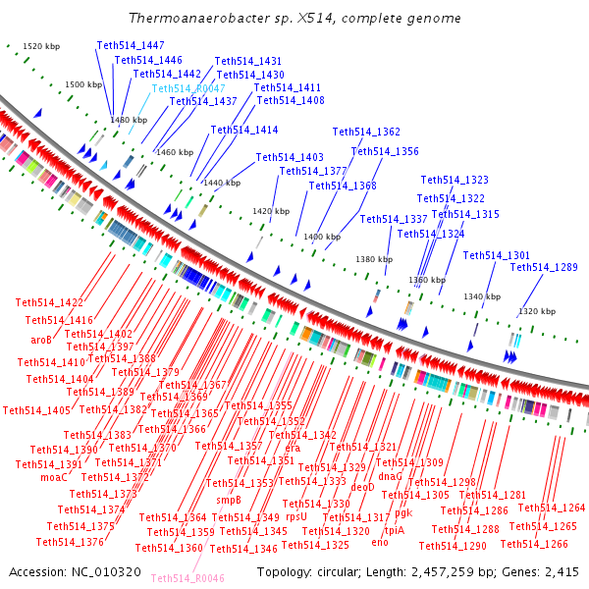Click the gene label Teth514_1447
[x=131, y=46]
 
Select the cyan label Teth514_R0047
[x=188, y=88]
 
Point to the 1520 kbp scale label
[x=41, y=46]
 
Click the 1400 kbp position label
[x=321, y=237]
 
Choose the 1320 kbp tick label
[x=538, y=311]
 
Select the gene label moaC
[x=54, y=477]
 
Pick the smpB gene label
[x=229, y=500]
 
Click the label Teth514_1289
[x=544, y=267]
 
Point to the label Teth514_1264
[x=551, y=508]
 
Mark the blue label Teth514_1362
[x=366, y=132]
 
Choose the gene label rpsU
[x=295, y=515]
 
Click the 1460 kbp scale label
[x=174, y=152]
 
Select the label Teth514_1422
[x=49, y=302]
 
